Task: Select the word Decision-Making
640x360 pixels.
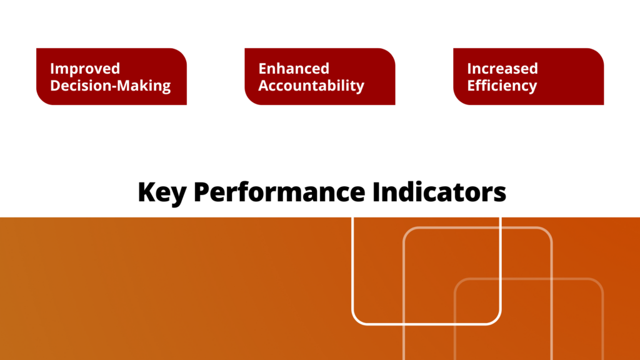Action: tap(111, 86)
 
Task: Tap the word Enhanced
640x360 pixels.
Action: tap(294, 69)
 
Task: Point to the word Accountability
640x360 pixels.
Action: tap(311, 86)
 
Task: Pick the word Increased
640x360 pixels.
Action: tap(502, 69)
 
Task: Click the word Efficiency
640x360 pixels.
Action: tap(502, 86)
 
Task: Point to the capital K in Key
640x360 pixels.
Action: tap(145, 192)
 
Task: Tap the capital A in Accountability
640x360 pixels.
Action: tap(264, 86)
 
